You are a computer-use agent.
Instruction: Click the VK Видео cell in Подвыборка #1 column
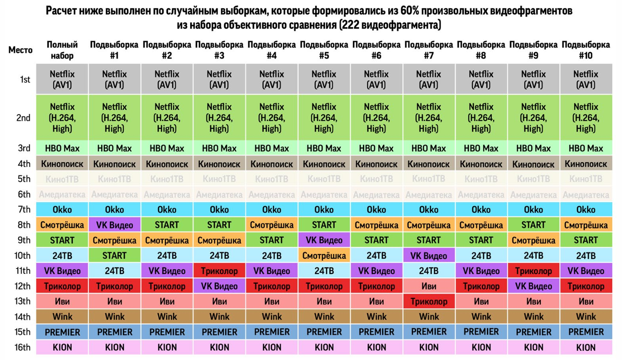pos(115,225)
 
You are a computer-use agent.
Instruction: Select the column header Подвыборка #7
pos(429,50)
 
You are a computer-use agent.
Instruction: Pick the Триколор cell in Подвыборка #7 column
pos(429,301)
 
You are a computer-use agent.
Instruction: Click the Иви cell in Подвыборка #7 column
pos(429,286)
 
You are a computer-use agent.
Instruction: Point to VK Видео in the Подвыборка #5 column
pos(324,240)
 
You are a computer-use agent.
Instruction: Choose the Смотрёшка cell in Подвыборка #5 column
pos(324,255)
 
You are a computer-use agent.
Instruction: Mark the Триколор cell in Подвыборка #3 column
pos(220,271)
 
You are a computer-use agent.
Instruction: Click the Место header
pos(20,50)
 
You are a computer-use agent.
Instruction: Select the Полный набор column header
pos(63,50)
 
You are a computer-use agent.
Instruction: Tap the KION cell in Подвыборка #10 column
pos(586,347)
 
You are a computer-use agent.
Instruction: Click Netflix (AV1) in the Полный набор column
pos(63,79)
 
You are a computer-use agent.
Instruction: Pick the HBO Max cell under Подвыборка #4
pos(272,148)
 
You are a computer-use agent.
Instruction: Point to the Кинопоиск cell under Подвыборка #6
pos(377,164)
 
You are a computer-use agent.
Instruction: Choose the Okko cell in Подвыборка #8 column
pos(481,209)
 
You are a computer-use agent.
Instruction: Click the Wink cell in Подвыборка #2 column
pos(167,317)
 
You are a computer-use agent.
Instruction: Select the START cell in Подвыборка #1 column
pos(115,255)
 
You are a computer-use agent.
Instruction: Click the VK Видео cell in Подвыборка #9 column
pos(533,286)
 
